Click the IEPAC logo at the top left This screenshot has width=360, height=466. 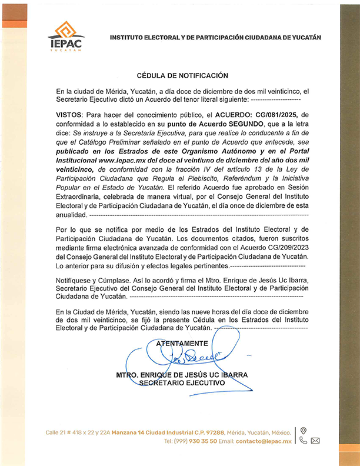pos(65,36)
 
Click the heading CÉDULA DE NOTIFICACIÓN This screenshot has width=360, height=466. pos(182,76)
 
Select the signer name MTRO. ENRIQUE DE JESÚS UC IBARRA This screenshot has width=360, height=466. pos(182,375)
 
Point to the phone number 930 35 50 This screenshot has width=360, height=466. pos(205,441)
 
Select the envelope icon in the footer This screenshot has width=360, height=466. pos(315,440)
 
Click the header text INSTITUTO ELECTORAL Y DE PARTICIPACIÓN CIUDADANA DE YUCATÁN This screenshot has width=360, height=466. pos(215,37)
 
